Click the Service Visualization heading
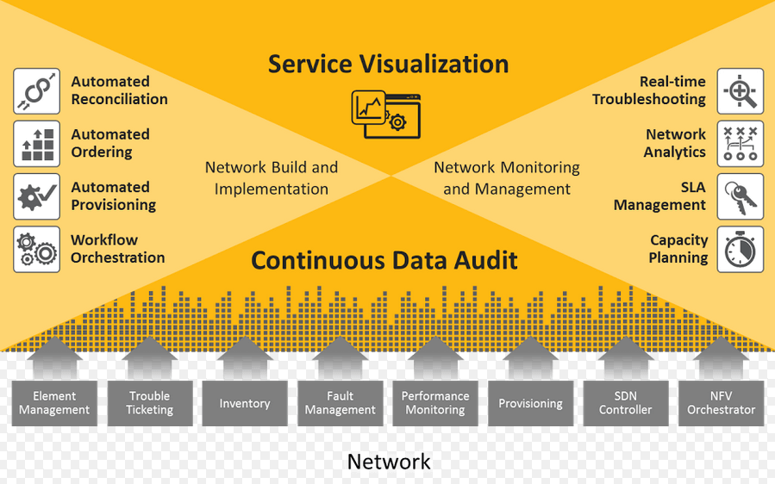click(388, 64)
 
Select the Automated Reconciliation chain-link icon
click(37, 91)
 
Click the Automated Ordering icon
click(37, 144)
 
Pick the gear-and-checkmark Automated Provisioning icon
click(37, 196)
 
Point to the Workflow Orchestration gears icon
click(37, 249)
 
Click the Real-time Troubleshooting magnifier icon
click(740, 91)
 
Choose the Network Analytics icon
click(740, 144)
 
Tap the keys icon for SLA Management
click(740, 196)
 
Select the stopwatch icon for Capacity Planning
click(740, 249)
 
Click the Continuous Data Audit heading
click(384, 260)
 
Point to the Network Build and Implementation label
click(272, 178)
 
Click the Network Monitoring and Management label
click(507, 178)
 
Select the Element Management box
click(54, 403)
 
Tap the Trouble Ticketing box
click(149, 403)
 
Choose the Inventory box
click(245, 403)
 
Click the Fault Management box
click(340, 403)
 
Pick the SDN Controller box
click(626, 403)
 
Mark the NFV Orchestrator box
click(721, 403)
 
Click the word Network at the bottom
click(388, 462)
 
